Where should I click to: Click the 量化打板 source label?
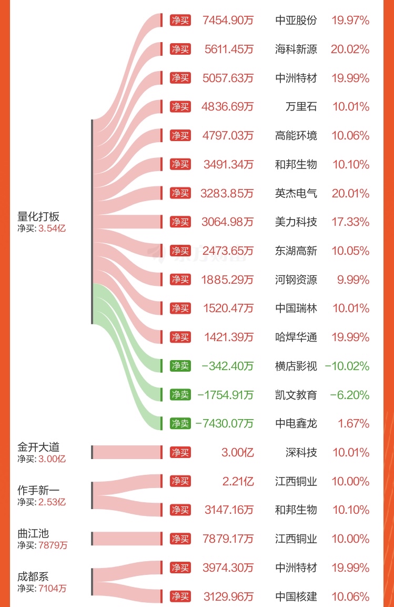click(38, 217)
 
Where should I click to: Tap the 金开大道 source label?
click(38, 447)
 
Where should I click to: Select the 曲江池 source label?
click(33, 533)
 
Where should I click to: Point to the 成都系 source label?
click(33, 576)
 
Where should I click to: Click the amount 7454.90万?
click(228, 21)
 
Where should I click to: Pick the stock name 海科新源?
click(296, 49)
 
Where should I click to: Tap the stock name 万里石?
click(301, 107)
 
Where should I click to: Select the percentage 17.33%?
click(350, 222)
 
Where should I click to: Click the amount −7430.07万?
click(225, 423)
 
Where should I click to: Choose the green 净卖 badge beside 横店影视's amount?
click(180, 366)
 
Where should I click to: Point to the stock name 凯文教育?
click(296, 395)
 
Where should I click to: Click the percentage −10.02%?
click(347, 366)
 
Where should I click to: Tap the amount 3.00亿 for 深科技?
click(238, 452)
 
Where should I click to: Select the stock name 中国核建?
click(296, 596)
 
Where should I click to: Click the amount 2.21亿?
click(238, 481)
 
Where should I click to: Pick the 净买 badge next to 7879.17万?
click(180, 539)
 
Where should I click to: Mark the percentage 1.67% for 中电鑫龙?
click(355, 423)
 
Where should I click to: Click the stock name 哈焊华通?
click(296, 337)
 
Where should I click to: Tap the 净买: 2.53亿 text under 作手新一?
click(42, 502)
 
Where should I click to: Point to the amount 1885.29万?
click(228, 280)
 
